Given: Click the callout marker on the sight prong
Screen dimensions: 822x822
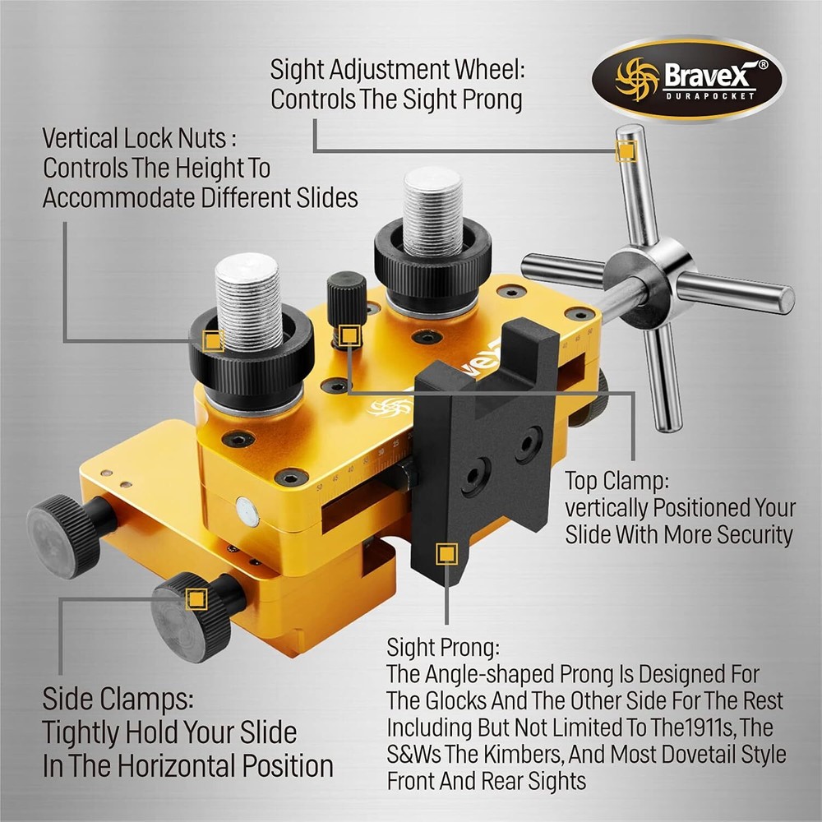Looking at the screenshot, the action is coord(446,553).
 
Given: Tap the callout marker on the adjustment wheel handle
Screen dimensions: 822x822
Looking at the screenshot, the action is coord(626,150).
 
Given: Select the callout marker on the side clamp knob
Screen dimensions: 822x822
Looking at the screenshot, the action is coord(196,598).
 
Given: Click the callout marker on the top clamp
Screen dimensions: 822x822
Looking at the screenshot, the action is coord(350,335).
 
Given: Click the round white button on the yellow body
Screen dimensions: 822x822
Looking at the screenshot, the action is coord(247,512).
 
